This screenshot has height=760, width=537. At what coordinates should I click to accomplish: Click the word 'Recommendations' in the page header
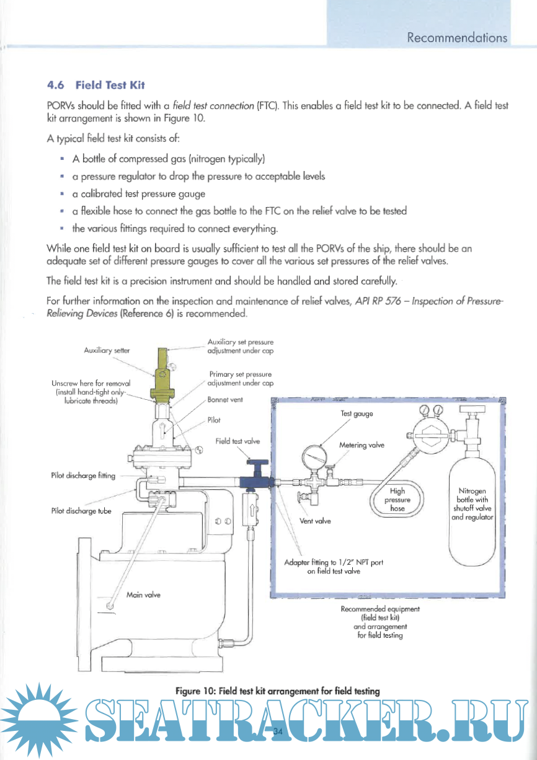457,38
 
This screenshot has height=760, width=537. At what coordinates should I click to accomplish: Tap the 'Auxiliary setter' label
106,350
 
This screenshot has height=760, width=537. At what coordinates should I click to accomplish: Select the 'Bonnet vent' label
225,400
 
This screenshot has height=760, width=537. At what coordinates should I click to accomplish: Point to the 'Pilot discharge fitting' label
83,475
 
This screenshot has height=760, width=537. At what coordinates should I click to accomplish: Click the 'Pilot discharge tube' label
81,511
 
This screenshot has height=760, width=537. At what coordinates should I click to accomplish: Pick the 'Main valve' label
143,594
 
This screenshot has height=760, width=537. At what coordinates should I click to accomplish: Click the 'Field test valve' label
237,441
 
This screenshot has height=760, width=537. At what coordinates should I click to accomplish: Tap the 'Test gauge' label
357,413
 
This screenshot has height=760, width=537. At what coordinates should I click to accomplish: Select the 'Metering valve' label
362,444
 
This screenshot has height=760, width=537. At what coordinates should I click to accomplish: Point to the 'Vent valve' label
315,521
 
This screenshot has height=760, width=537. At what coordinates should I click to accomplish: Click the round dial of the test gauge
315,461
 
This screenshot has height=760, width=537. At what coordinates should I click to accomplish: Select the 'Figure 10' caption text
277,690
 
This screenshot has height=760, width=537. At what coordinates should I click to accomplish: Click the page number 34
277,731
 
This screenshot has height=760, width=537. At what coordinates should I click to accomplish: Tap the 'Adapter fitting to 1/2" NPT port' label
334,563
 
